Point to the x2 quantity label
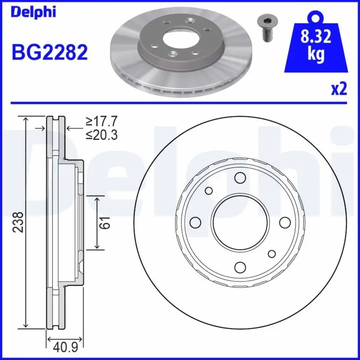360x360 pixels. [339, 89]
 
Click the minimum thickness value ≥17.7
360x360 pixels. [101, 121]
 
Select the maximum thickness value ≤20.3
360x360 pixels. [101, 134]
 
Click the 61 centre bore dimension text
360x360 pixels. [104, 222]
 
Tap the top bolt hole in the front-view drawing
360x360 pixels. [239, 178]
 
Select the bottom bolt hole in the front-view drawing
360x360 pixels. [239, 267]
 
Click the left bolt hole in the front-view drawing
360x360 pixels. [195, 222]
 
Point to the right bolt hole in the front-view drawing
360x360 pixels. [284, 222]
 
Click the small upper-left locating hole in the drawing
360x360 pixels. [208, 191]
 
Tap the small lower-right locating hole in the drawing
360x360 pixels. [271, 254]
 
